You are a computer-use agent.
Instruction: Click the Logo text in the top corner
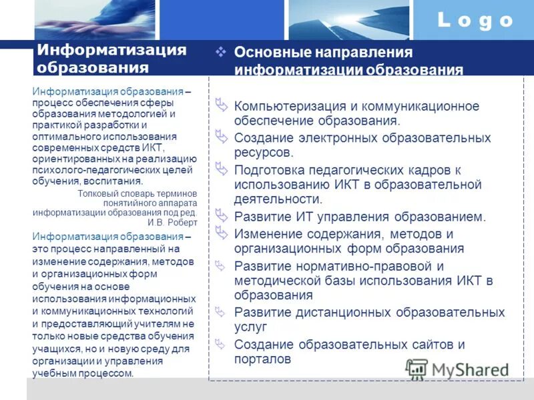point(475,20)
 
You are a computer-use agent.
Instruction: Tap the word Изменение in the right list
point(267,234)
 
